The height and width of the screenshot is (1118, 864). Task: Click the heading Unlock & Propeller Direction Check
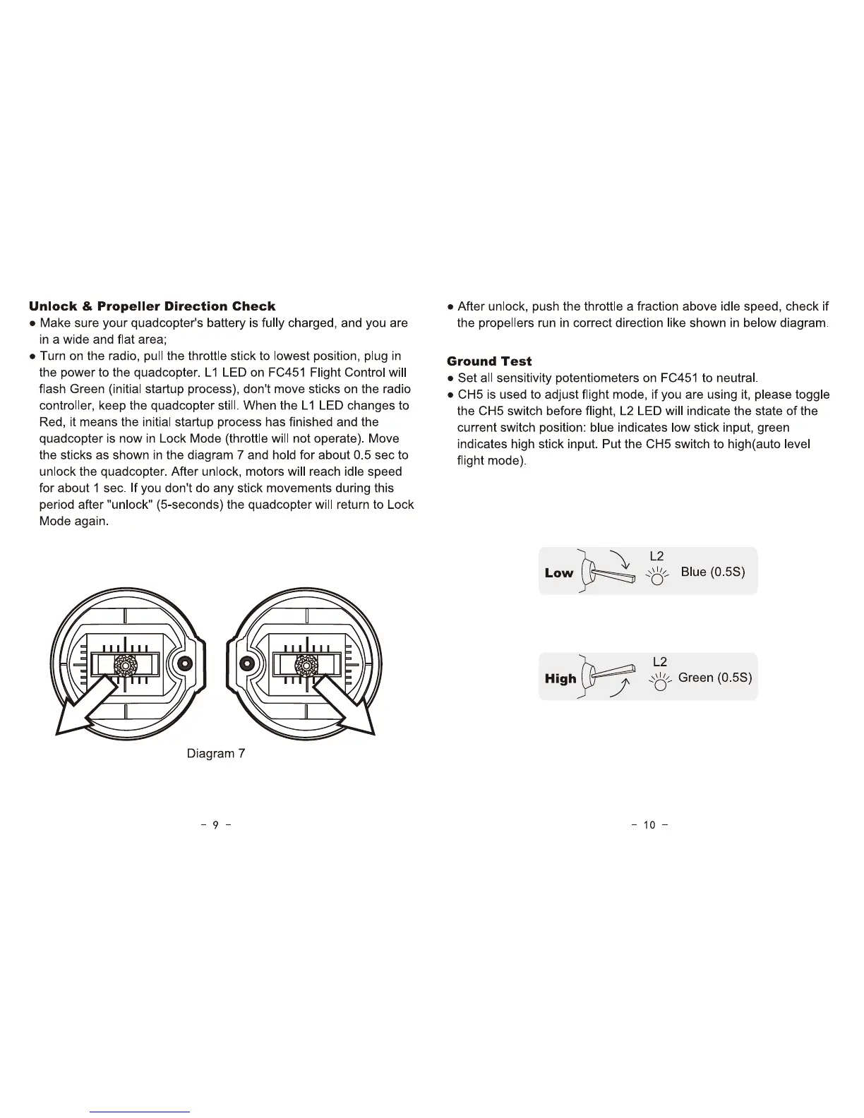(152, 306)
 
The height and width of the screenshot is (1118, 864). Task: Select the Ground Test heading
(489, 361)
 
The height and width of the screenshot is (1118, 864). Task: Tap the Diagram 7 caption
(215, 754)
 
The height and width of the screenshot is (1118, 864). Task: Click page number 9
(216, 824)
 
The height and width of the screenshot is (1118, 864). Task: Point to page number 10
(649, 824)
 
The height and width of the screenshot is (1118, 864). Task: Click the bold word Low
(559, 572)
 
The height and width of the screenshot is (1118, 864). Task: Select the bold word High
(560, 678)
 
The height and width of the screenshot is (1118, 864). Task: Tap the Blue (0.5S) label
(713, 572)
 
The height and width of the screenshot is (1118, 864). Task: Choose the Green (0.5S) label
(715, 678)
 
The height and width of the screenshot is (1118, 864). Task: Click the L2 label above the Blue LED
(656, 556)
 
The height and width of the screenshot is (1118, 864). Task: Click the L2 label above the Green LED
(660, 662)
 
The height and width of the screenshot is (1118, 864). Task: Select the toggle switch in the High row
(611, 673)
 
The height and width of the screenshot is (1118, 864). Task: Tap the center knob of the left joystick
(125, 664)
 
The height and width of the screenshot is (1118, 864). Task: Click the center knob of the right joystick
(306, 664)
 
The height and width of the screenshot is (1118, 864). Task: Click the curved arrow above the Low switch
(620, 559)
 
